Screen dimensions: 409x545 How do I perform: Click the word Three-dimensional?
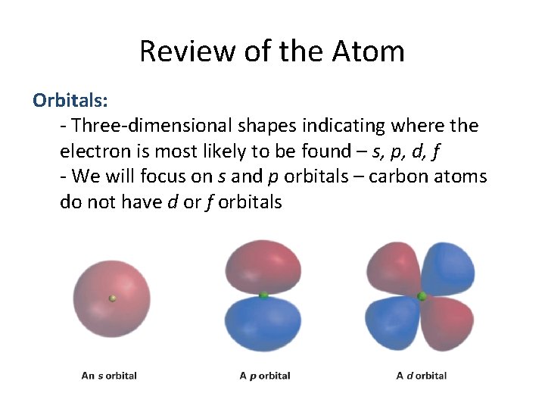[143, 125]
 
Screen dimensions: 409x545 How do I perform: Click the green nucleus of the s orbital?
[112, 298]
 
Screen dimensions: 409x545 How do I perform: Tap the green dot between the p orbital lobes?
[263, 295]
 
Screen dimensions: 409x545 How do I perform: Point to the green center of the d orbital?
[422, 296]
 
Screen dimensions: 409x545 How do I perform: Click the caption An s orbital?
[109, 375]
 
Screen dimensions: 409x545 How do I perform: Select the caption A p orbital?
[264, 375]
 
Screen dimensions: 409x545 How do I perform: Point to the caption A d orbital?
[422, 375]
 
